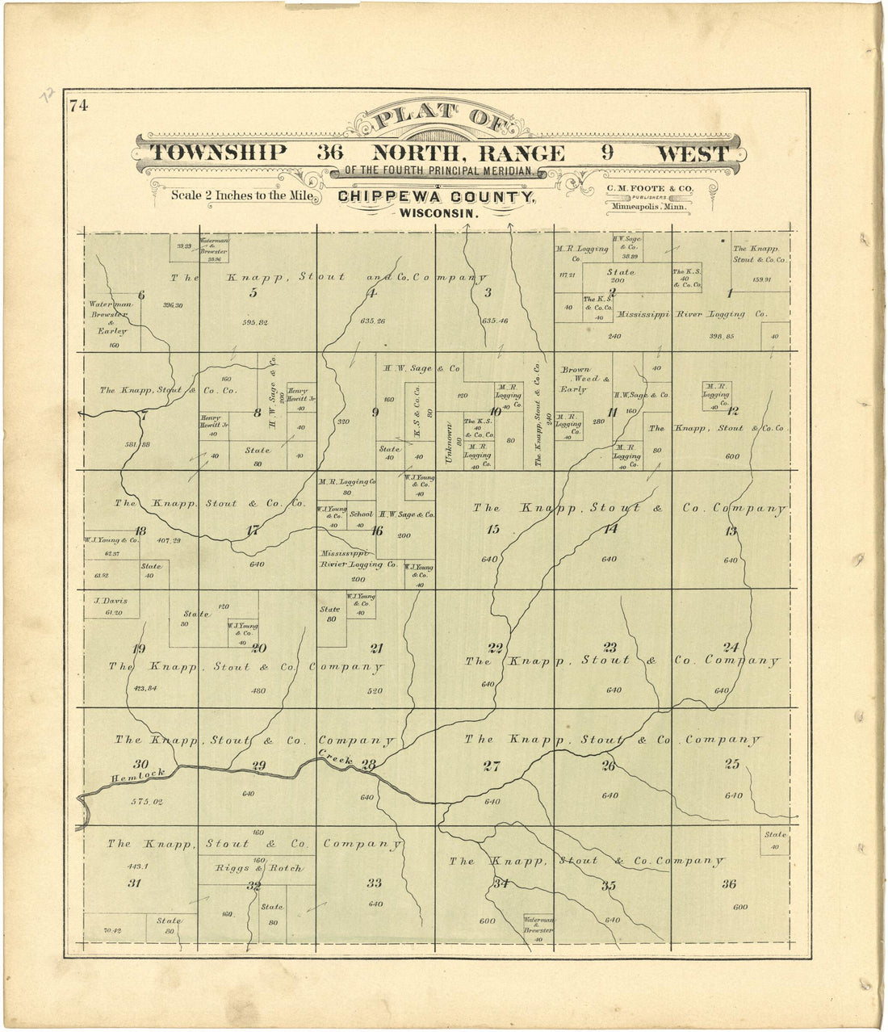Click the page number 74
(78, 105)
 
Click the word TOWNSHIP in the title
(219, 153)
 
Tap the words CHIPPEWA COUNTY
(436, 197)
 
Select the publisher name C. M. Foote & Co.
(650, 189)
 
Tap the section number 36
(729, 884)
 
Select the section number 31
(135, 883)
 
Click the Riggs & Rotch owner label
(258, 869)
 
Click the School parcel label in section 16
(362, 514)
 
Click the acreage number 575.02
(146, 801)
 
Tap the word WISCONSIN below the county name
(436, 215)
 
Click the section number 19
(139, 649)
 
